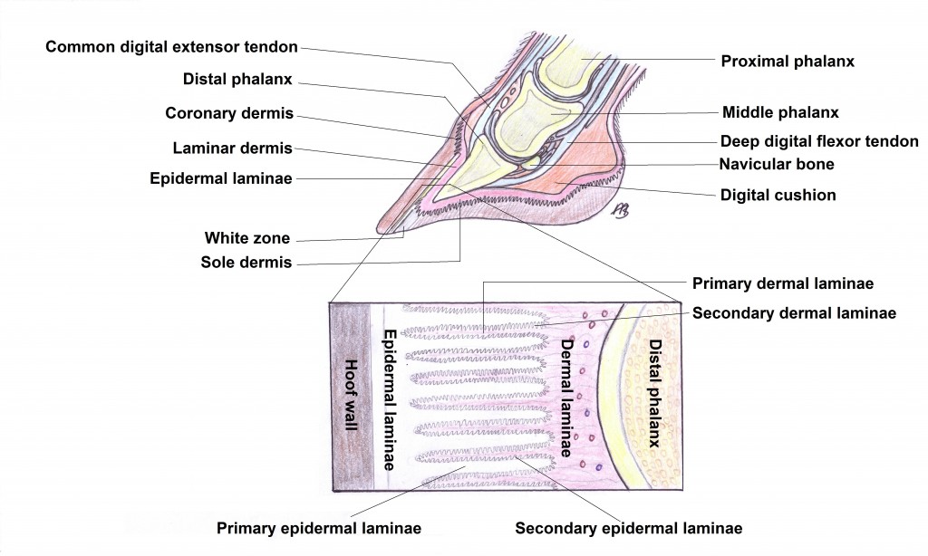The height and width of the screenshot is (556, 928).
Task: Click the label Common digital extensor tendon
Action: coord(171,47)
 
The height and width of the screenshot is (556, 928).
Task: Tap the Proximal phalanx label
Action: coord(788,62)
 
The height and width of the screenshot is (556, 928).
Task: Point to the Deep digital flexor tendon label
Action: coord(819,141)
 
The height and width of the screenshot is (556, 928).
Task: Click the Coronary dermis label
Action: coord(229,113)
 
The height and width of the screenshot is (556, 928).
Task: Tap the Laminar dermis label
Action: coord(232,148)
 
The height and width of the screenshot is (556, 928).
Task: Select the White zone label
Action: coord(246,239)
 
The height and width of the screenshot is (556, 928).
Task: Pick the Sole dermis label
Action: coord(246,264)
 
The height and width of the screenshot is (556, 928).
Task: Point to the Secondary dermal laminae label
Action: coord(794,312)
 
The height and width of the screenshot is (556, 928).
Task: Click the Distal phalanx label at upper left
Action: coord(237,80)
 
